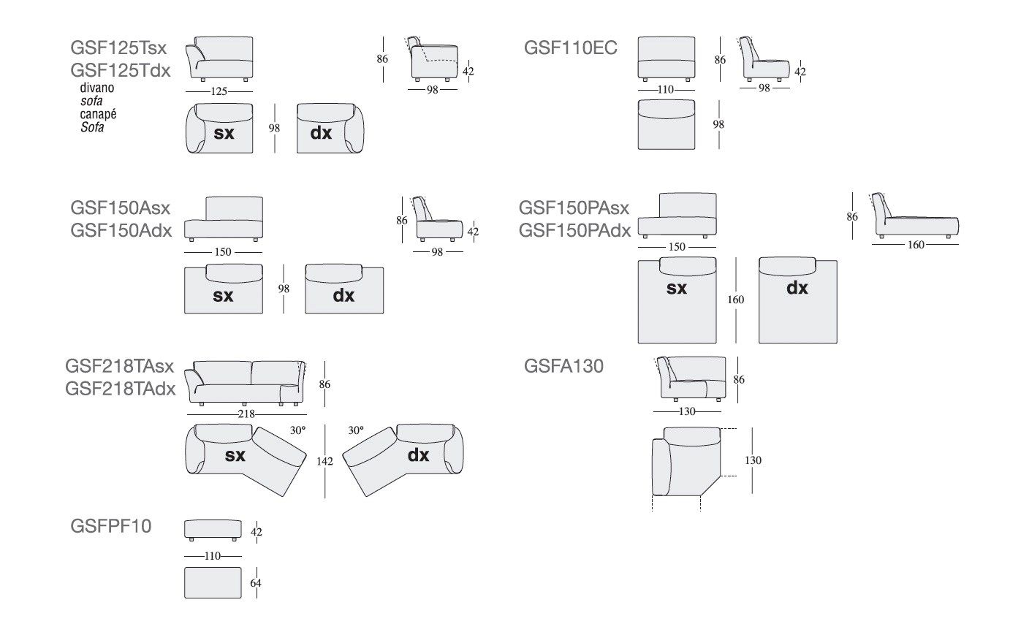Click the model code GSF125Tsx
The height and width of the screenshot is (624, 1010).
pyautogui.click(x=118, y=49)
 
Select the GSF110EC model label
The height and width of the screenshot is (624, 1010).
pyautogui.click(x=570, y=49)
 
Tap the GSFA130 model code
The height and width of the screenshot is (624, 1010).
pyautogui.click(x=563, y=366)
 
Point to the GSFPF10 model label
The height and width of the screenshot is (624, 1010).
pyautogui.click(x=111, y=525)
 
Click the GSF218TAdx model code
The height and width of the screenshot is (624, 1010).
pyautogui.click(x=120, y=388)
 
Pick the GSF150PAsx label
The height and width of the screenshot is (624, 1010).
pyautogui.click(x=574, y=208)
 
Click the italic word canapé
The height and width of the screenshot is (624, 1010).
pyautogui.click(x=99, y=114)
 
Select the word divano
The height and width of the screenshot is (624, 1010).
pyautogui.click(x=97, y=88)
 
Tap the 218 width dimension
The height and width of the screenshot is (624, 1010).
pyautogui.click(x=246, y=414)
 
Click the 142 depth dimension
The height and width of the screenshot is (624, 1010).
pyautogui.click(x=325, y=462)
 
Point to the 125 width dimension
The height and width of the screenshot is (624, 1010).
pyautogui.click(x=219, y=91)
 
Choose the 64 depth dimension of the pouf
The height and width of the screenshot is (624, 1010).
pyautogui.click(x=255, y=583)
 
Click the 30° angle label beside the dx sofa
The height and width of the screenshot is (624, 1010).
pyautogui.click(x=356, y=431)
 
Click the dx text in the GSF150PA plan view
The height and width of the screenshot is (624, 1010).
pyautogui.click(x=797, y=288)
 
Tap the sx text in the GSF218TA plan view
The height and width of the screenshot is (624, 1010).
pyautogui.click(x=235, y=455)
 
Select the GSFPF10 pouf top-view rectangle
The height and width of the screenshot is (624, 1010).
pyautogui.click(x=213, y=583)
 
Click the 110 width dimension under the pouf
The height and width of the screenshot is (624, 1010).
pyautogui.click(x=212, y=555)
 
